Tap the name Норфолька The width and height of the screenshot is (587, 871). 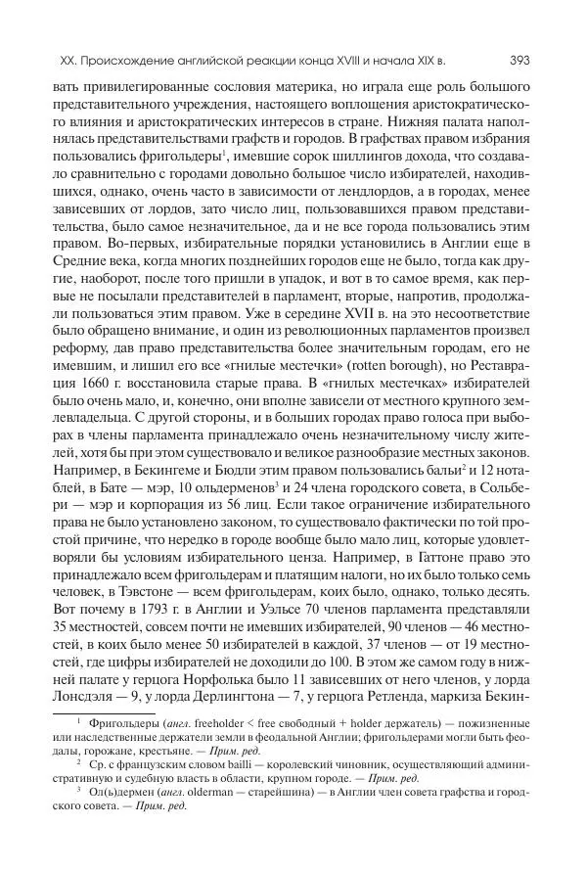(275, 682)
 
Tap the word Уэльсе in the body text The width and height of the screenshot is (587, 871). (236, 600)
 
